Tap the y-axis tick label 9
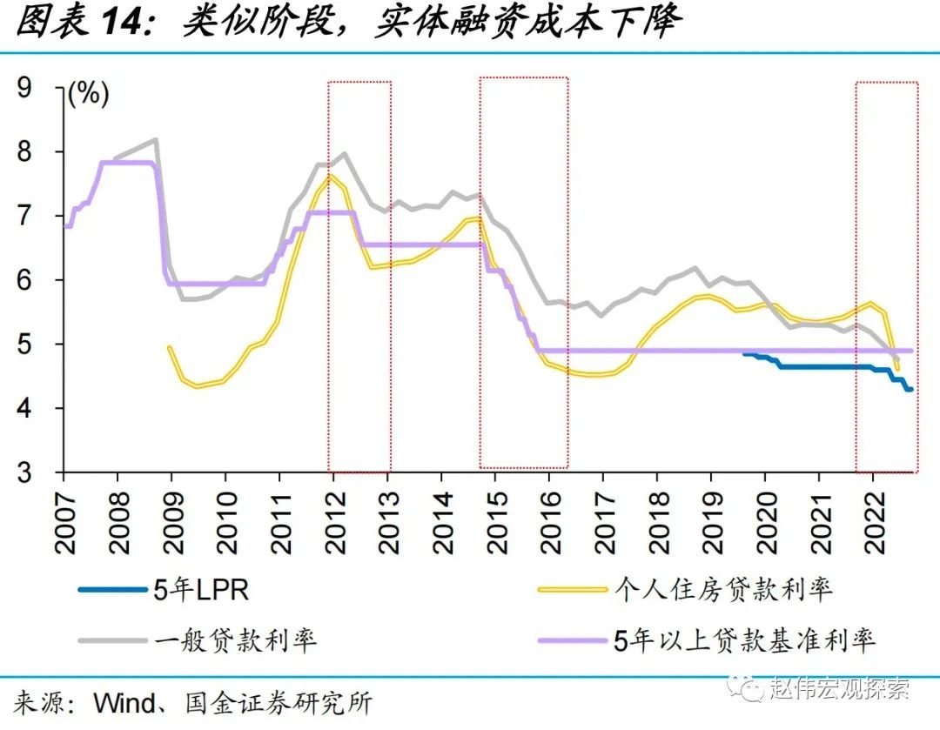pyautogui.click(x=38, y=87)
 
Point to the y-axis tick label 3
pyautogui.click(x=38, y=472)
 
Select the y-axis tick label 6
pyautogui.click(x=38, y=280)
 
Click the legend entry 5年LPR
pyautogui.click(x=200, y=590)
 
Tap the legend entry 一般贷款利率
pyautogui.click(x=235, y=641)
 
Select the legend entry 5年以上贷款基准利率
pyautogui.click(x=743, y=641)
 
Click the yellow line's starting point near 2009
pyautogui.click(x=169, y=347)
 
